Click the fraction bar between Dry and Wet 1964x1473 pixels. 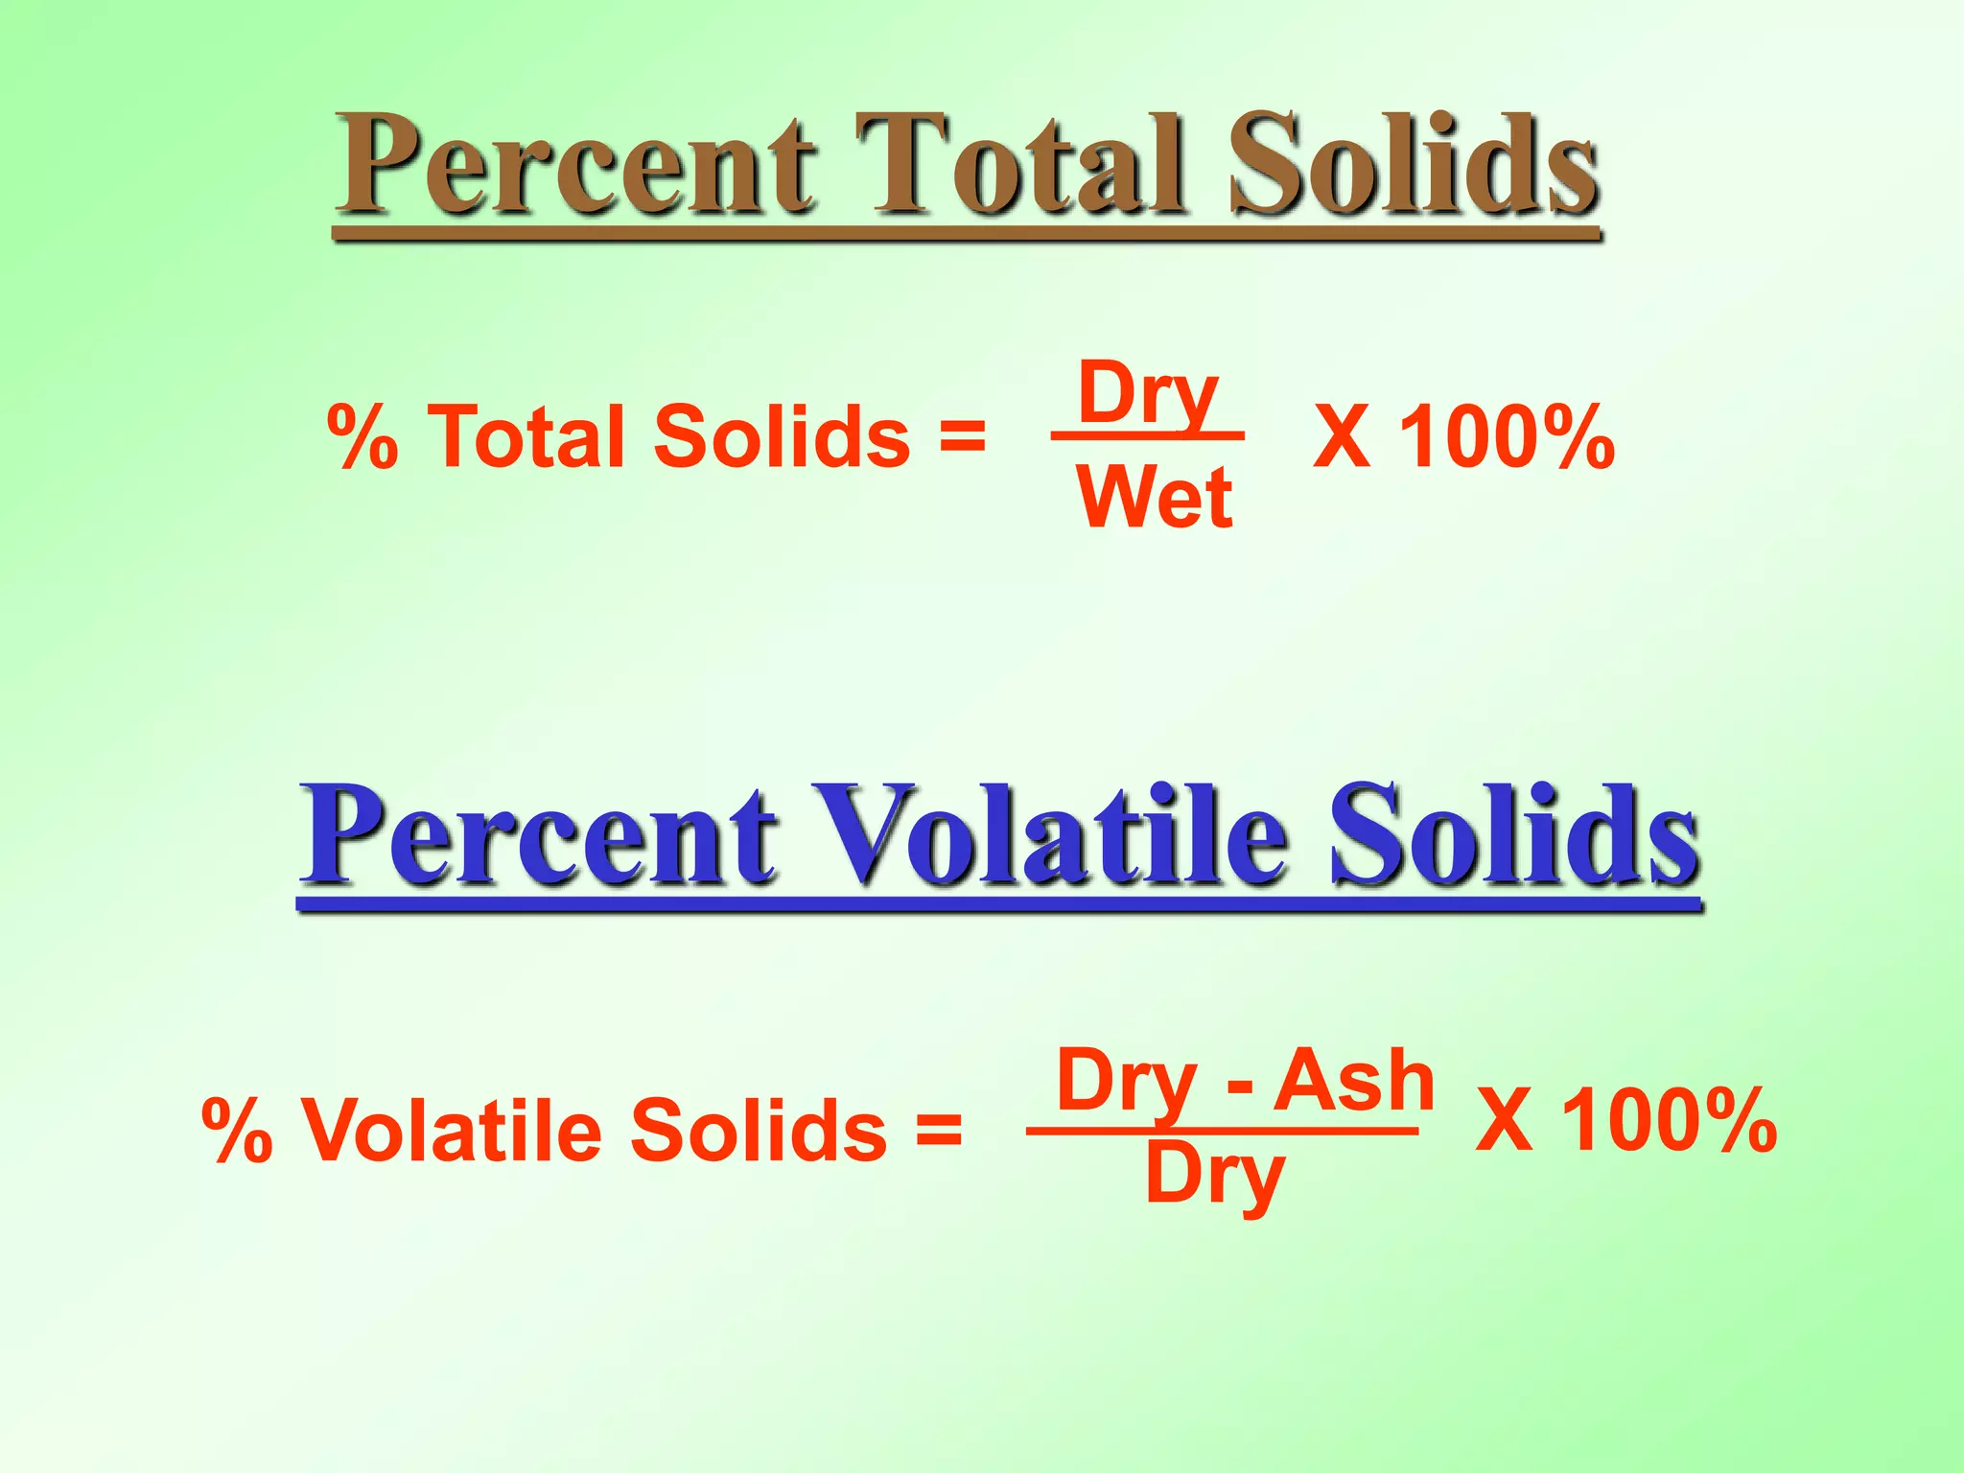click(x=1148, y=436)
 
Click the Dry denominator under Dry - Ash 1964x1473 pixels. click(x=1214, y=1178)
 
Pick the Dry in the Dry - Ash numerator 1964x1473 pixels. click(x=1127, y=1084)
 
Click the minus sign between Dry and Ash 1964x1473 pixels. click(x=1240, y=1088)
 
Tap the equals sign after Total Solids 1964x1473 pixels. click(x=962, y=437)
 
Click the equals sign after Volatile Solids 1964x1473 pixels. click(x=938, y=1130)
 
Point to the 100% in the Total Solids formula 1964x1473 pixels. click(x=1507, y=437)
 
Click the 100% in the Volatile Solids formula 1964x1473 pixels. click(x=1670, y=1120)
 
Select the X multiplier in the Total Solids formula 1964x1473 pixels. click(x=1341, y=437)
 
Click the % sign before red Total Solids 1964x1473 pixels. click(x=362, y=437)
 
